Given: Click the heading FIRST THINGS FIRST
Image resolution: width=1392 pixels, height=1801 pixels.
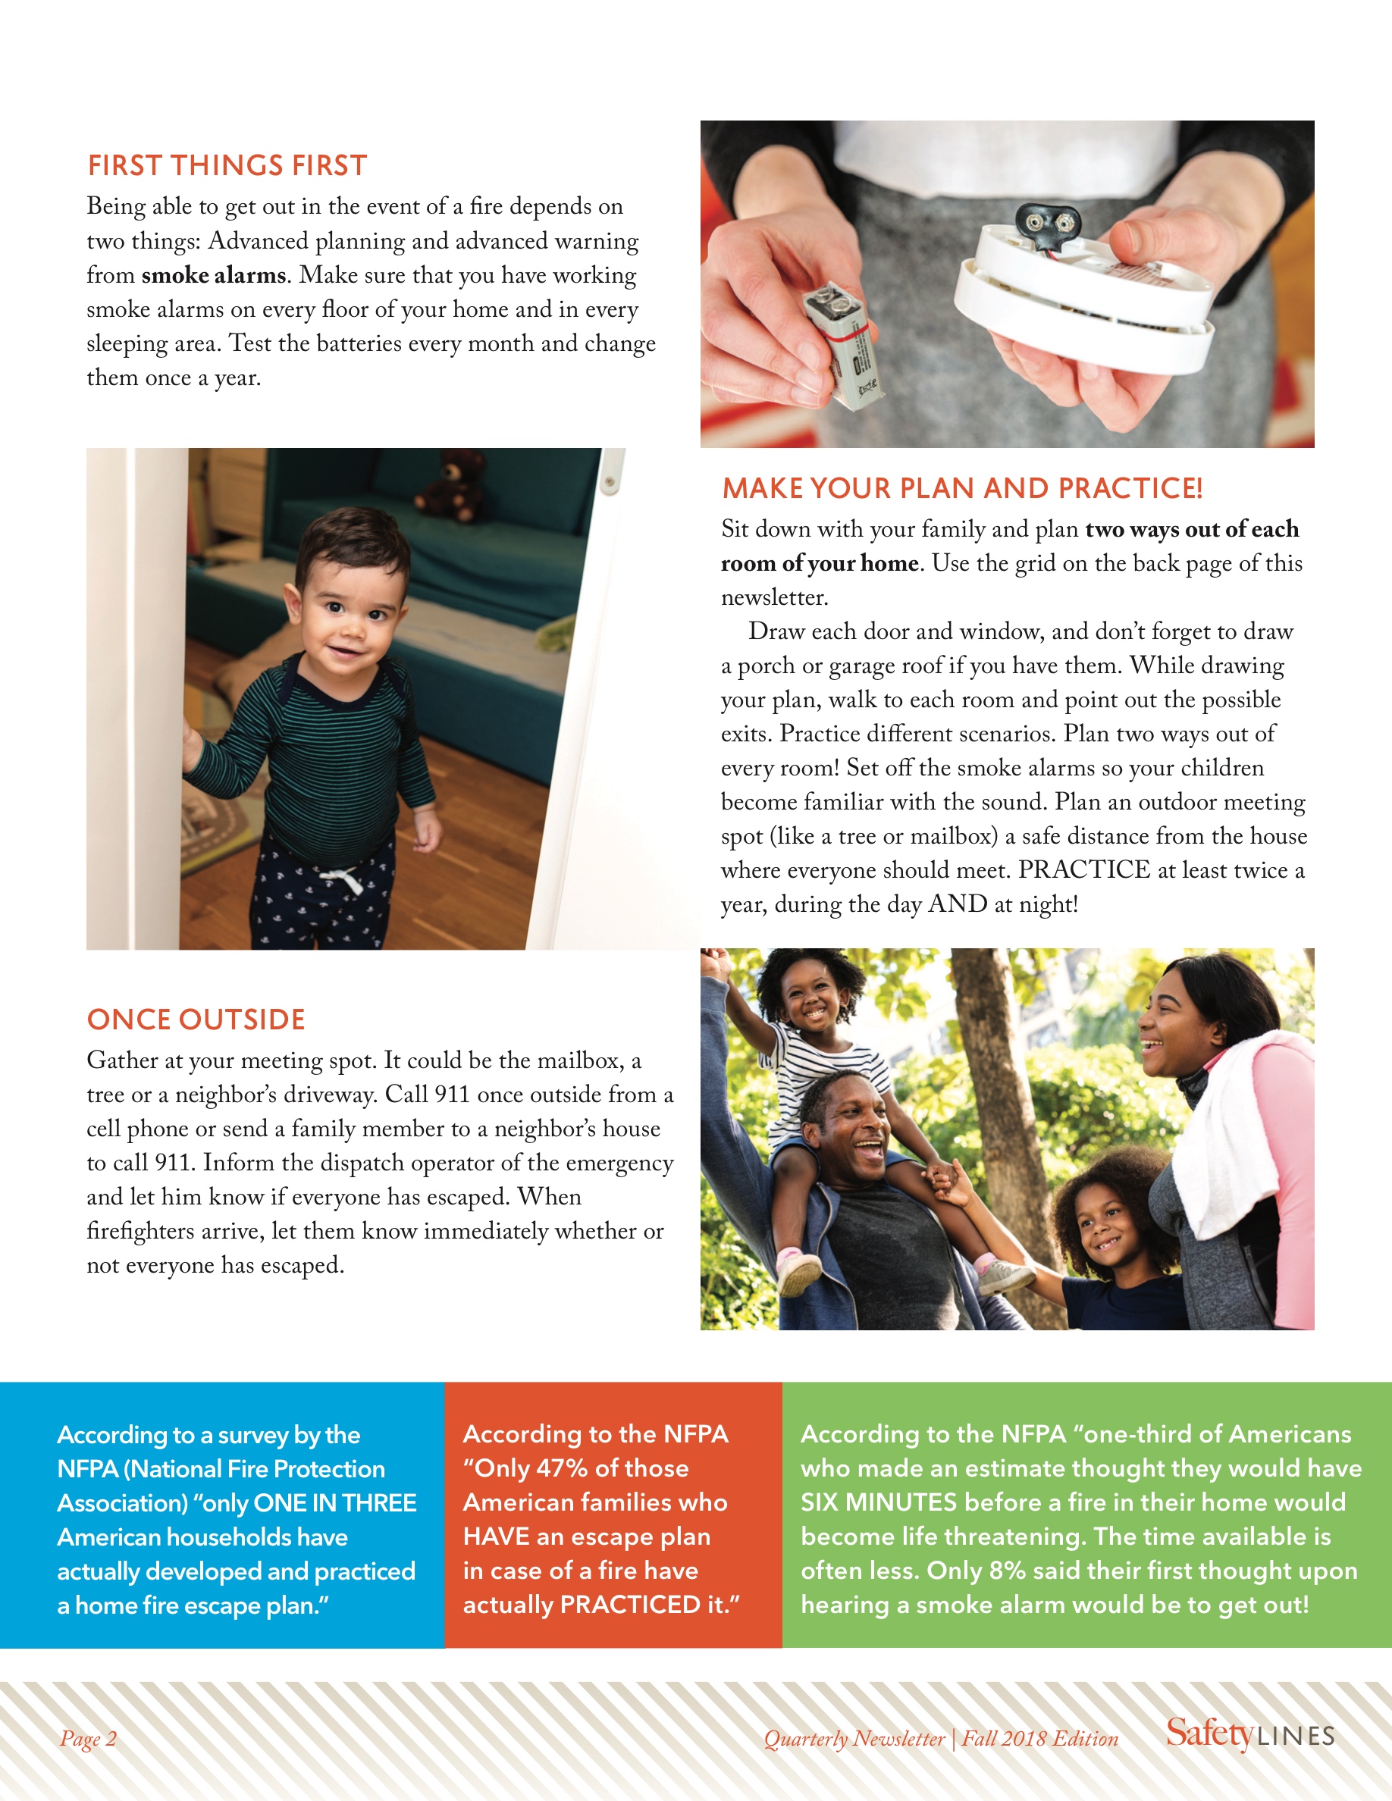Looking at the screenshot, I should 227,166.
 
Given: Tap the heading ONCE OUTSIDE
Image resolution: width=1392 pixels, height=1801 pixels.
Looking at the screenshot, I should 196,1020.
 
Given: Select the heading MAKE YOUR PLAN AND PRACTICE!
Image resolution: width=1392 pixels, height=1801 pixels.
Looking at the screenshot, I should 961,488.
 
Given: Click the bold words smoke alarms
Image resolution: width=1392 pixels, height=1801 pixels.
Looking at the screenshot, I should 214,274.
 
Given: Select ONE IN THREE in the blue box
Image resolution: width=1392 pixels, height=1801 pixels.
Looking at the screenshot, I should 335,1502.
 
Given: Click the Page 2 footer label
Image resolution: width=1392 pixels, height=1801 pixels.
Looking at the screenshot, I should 88,1738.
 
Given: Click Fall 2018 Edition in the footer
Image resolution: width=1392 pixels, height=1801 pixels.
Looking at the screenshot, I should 1040,1738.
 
